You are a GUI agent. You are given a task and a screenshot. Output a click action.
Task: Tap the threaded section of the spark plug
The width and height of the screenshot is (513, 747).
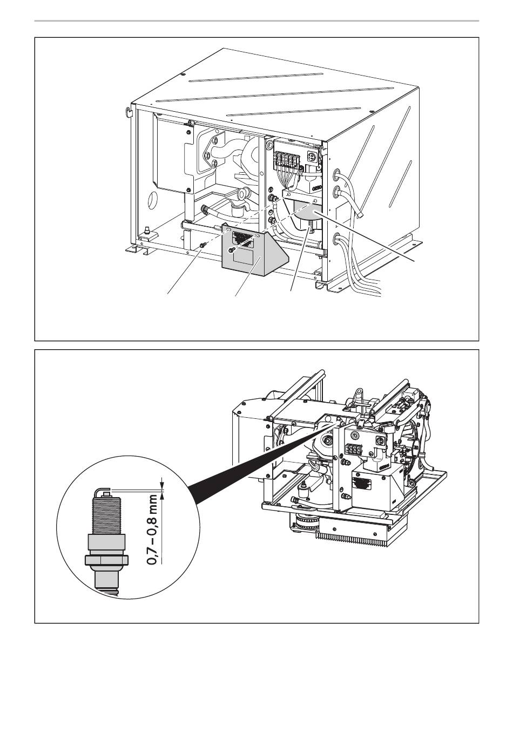pyautogui.click(x=107, y=514)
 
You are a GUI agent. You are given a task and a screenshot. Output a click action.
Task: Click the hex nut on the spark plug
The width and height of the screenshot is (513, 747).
pyautogui.click(x=106, y=561)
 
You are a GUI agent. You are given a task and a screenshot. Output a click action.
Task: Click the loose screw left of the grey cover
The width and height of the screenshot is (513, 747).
pyautogui.click(x=202, y=245)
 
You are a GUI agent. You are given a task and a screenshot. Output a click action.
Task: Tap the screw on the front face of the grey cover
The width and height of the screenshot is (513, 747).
pyautogui.click(x=231, y=249)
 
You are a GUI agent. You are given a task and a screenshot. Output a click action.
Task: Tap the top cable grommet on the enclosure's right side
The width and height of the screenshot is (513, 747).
pyautogui.click(x=336, y=174)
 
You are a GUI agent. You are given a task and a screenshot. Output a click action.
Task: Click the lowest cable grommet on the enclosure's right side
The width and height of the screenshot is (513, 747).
pyautogui.click(x=336, y=239)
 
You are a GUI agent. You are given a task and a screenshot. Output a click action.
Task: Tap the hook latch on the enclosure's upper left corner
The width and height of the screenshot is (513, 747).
pyautogui.click(x=130, y=111)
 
